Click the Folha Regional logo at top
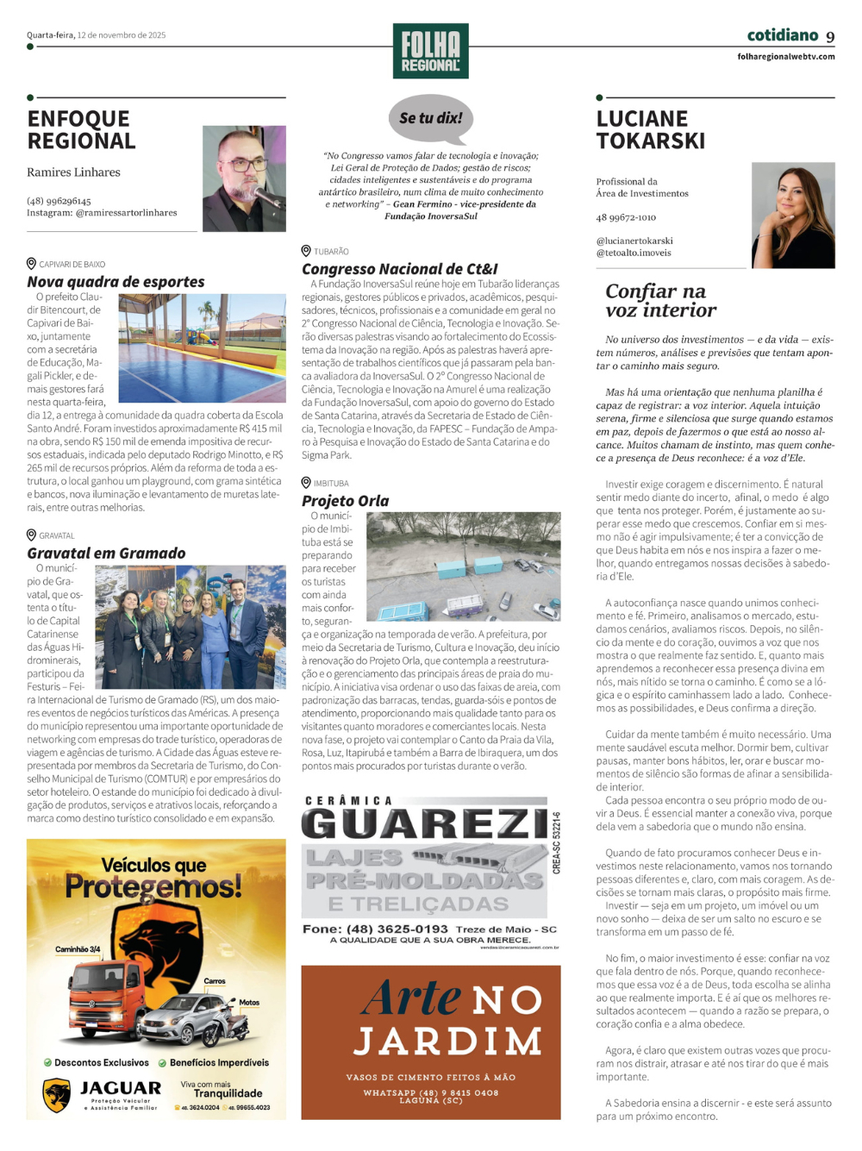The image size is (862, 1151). click(430, 51)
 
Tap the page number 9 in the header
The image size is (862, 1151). click(830, 37)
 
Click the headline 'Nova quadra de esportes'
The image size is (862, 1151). click(116, 282)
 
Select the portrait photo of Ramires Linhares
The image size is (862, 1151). click(244, 178)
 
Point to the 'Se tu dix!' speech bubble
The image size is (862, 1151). click(430, 119)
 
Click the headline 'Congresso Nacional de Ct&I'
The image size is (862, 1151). click(399, 269)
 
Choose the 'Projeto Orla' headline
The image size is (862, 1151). click(345, 501)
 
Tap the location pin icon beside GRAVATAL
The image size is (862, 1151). click(32, 535)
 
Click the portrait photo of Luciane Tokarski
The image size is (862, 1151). click(793, 215)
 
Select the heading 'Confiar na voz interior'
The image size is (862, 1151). click(660, 301)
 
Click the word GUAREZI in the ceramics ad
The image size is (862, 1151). click(424, 824)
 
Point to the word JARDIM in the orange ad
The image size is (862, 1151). click(448, 1042)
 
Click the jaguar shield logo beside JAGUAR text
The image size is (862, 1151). click(57, 1095)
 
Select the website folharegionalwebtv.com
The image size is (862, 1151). click(785, 57)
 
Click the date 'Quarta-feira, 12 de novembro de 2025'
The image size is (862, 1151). click(96, 35)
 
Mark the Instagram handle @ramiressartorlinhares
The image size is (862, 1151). click(126, 213)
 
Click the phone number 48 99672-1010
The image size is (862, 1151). click(626, 218)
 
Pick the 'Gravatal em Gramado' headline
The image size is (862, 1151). click(106, 554)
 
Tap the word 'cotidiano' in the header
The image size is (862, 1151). click(782, 35)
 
